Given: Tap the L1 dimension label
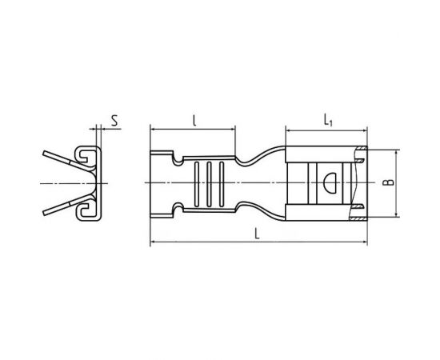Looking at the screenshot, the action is tap(328, 120).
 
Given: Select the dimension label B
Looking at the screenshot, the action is tap(389, 182).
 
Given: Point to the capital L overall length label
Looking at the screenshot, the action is tap(257, 234).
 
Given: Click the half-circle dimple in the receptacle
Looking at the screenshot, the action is tap(330, 183).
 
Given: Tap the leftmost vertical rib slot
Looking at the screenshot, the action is tap(197, 184).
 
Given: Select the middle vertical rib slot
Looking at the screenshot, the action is tap(209, 184).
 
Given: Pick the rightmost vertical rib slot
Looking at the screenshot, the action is tap(222, 184).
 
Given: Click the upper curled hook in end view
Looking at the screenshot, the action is tap(83, 154).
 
